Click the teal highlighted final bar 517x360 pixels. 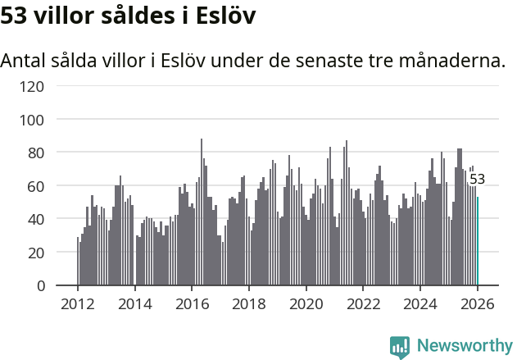click(478, 241)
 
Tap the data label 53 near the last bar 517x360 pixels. click(477, 180)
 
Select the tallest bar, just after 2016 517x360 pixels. click(202, 212)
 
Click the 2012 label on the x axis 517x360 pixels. click(78, 304)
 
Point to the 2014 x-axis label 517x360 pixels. click(135, 304)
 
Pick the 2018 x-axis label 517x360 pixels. click(249, 304)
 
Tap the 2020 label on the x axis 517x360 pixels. click(306, 304)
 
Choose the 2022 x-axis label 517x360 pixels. click(364, 304)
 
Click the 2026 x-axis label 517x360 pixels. click(478, 304)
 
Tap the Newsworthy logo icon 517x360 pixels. click(400, 346)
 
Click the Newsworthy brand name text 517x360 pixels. click(464, 346)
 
